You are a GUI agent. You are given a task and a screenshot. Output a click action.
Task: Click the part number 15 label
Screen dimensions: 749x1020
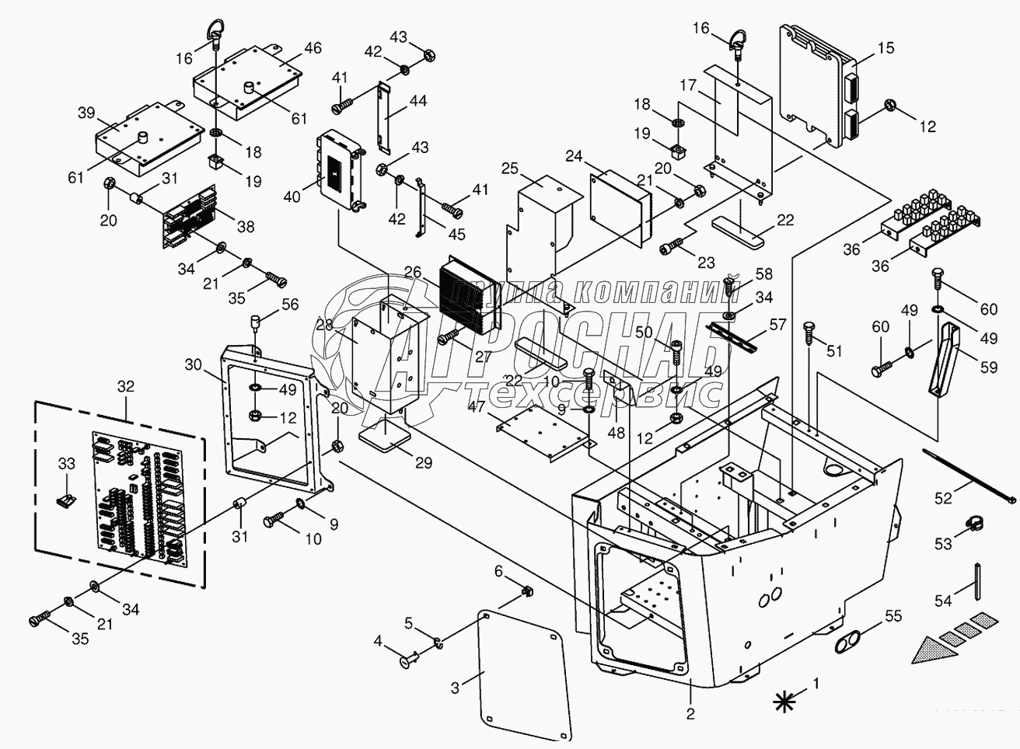click(x=885, y=47)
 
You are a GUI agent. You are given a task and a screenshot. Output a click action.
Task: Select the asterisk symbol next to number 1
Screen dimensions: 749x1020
click(x=786, y=701)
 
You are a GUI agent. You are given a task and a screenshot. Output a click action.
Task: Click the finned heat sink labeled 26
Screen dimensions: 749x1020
click(x=466, y=298)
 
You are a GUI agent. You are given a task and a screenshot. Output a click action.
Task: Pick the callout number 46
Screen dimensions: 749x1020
click(x=312, y=48)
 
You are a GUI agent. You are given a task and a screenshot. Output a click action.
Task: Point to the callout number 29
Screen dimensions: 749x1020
click(x=423, y=464)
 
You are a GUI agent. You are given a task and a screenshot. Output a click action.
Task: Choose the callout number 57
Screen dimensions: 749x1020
click(x=777, y=325)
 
